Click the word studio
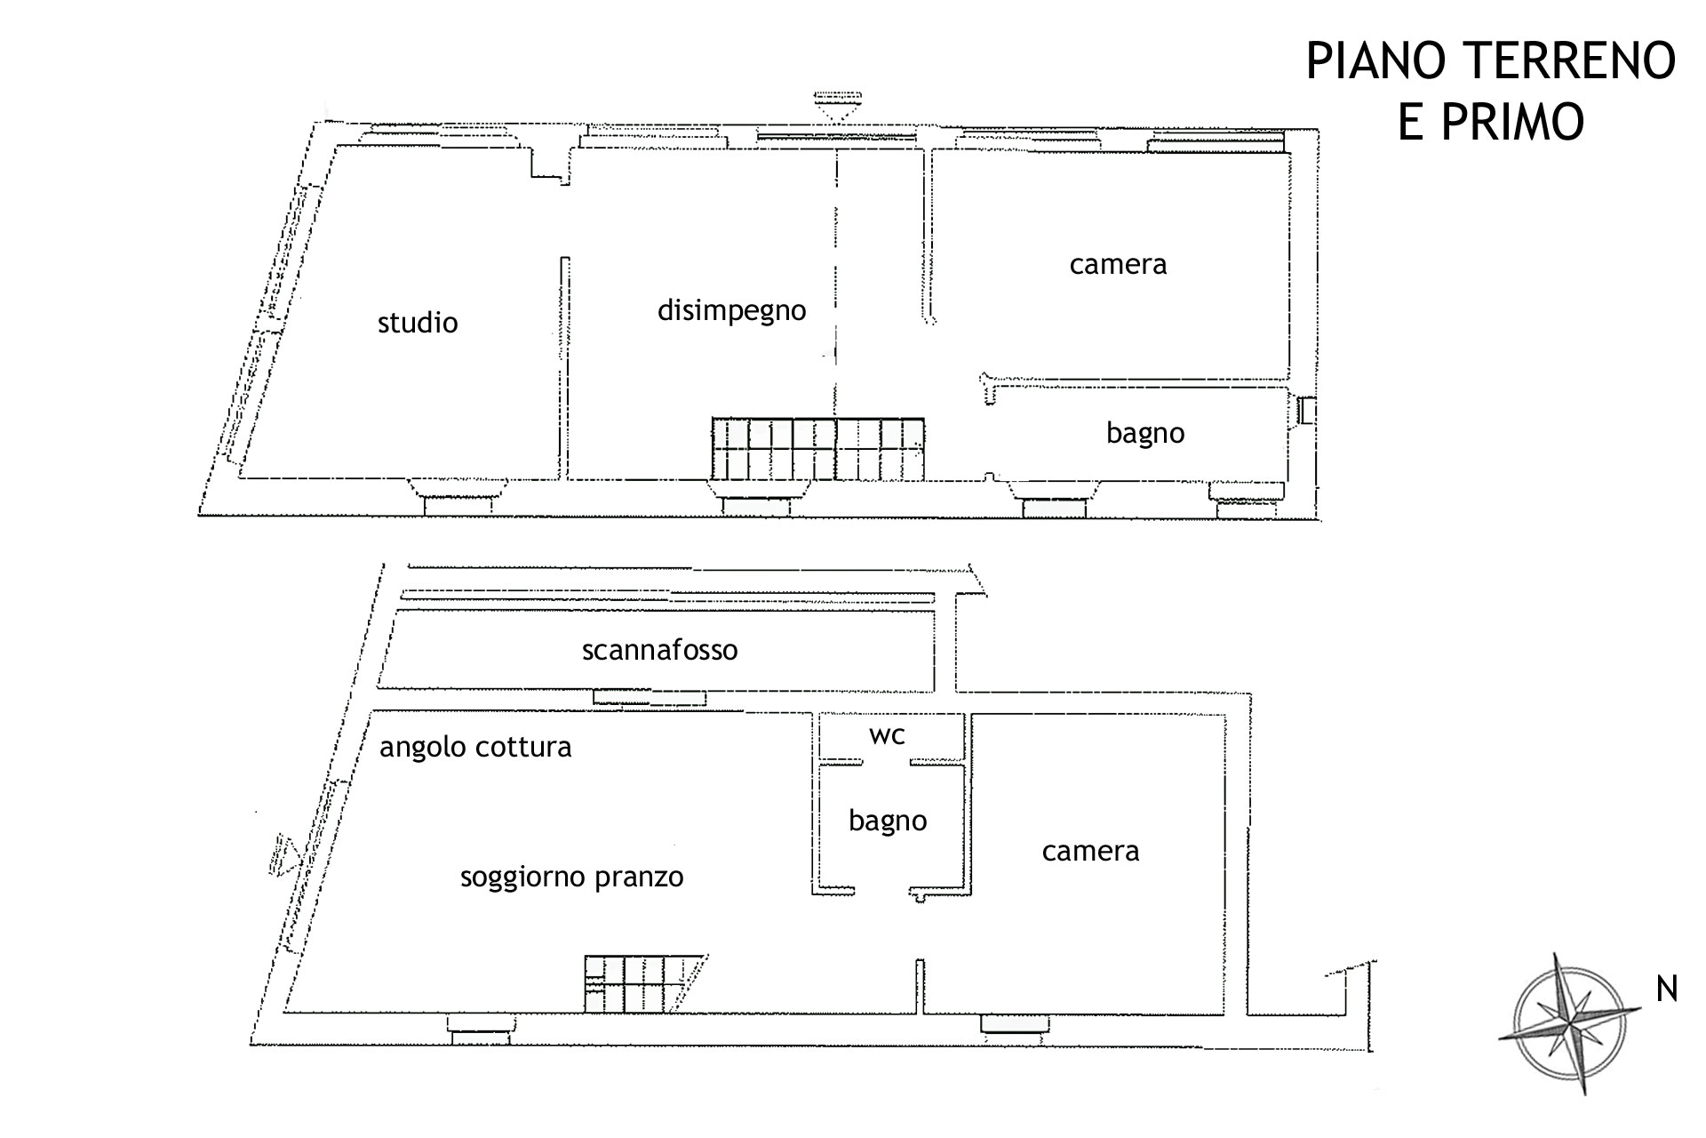click(x=418, y=322)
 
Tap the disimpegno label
click(x=731, y=310)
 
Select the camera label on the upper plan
click(x=1118, y=265)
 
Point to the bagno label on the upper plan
click(x=1145, y=434)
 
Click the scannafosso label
click(x=659, y=650)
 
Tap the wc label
click(x=887, y=735)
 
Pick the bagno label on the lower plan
click(x=888, y=821)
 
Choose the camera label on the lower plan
click(x=1090, y=852)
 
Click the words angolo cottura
click(x=475, y=748)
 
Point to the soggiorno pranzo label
click(x=571, y=878)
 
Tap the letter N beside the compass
click(x=1666, y=989)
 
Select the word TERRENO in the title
click(x=1567, y=61)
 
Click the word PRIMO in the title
click(x=1491, y=122)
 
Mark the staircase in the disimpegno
click(x=817, y=449)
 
